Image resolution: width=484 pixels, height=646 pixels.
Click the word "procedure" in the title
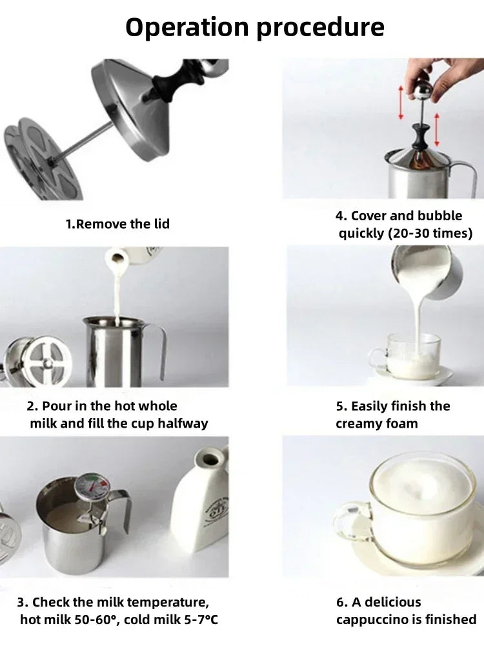click(x=320, y=28)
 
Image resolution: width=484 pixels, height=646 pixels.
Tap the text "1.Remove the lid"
click(x=117, y=224)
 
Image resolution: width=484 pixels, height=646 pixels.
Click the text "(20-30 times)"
click(x=430, y=233)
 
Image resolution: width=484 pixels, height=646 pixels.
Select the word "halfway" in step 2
click(x=183, y=424)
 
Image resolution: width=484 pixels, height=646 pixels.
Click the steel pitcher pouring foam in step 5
click(x=426, y=270)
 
